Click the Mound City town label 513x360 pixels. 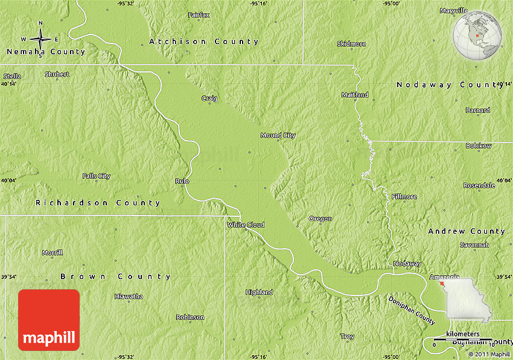tap(278, 135)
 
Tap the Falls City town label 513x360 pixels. tap(97, 176)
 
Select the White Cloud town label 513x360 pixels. tap(246, 225)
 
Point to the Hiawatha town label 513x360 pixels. tap(129, 296)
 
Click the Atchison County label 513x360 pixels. tap(204, 42)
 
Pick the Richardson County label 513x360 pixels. tap(98, 202)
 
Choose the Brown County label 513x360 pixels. tap(115, 276)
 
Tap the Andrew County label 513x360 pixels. tap(467, 231)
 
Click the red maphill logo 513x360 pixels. tap(49, 320)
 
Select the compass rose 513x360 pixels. tap(40, 40)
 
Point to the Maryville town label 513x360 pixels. tap(453, 11)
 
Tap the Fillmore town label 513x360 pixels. tap(404, 196)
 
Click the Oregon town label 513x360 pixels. tap(320, 219)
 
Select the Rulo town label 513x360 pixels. tap(182, 181)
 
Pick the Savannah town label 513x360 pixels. tap(474, 245)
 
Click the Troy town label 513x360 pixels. tap(348, 336)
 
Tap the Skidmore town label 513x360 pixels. tap(351, 44)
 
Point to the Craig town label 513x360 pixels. tap(209, 98)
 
